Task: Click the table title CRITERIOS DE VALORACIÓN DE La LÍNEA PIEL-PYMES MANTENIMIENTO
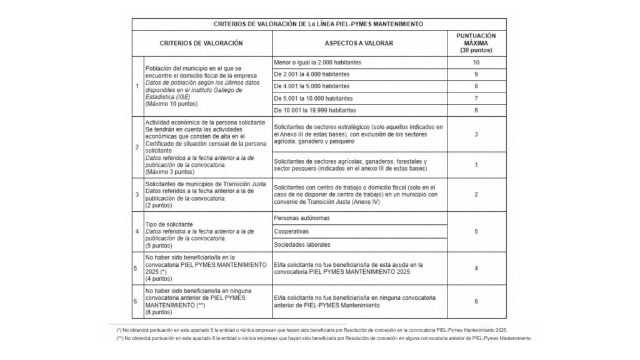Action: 319,24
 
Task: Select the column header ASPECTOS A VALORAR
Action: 358,44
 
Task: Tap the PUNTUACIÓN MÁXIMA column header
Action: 476,43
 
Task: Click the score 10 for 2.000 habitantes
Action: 476,63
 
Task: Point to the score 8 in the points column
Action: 476,86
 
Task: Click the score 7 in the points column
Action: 476,98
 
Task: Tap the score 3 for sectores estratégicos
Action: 476,134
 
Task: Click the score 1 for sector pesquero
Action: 476,164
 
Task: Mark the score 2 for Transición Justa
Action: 476,194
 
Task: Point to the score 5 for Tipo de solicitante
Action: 476,231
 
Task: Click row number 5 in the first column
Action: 137,268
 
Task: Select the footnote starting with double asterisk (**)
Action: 323,337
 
